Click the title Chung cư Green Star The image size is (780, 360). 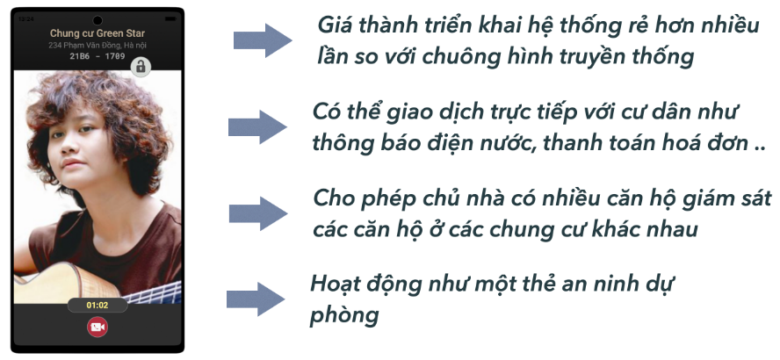tap(97, 33)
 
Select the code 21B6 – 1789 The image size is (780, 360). tap(97, 55)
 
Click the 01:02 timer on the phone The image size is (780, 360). tap(97, 306)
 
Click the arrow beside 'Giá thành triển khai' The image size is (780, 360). tap(263, 40)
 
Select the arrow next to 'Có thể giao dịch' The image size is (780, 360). tap(258, 126)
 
